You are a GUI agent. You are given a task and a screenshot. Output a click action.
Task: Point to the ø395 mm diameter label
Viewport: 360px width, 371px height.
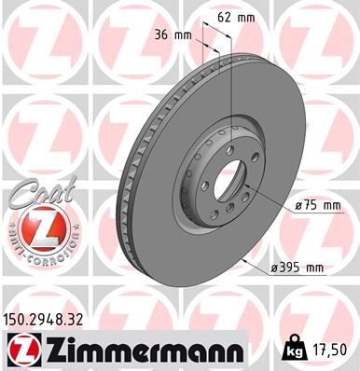(x=296, y=268)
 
